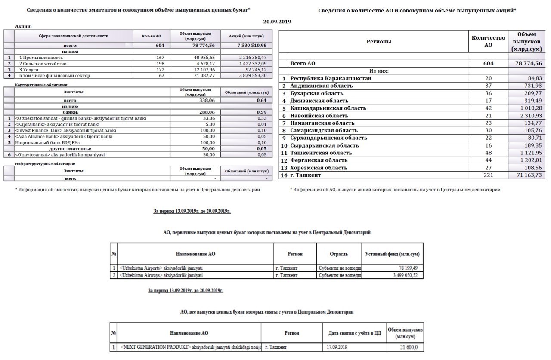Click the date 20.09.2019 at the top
(x=277, y=21)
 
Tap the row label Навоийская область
(x=319, y=116)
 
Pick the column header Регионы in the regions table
(x=379, y=42)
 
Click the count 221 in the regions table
(x=488, y=175)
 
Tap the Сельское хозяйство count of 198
(x=161, y=64)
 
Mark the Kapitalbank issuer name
(x=57, y=124)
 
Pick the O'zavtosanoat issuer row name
(x=60, y=154)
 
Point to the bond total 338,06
(x=206, y=100)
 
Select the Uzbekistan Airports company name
(x=161, y=268)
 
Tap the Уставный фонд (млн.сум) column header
(x=392, y=254)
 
